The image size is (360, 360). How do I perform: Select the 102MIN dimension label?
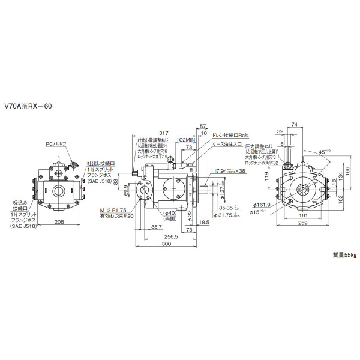pos(188,139)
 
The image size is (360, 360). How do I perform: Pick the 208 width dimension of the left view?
pos(59,222)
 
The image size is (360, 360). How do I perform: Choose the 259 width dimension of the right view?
pos(302,223)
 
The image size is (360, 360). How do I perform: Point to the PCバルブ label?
pos(55,145)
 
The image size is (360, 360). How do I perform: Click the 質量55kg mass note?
pos(344,256)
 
